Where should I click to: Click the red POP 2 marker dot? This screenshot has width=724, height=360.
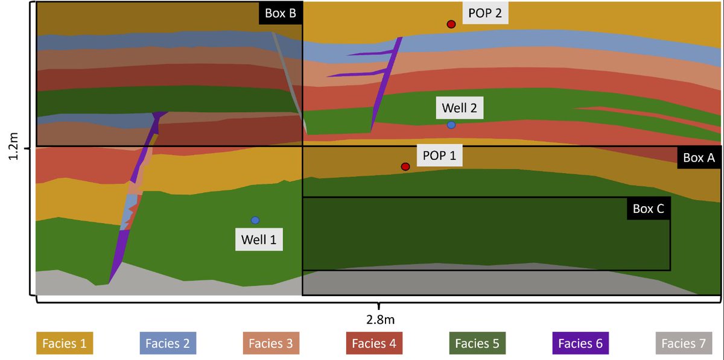point(451,24)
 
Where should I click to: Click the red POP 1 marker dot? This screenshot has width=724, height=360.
point(405,166)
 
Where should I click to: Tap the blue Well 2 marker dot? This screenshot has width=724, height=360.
point(451,125)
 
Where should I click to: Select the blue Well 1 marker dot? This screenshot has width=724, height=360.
point(255,220)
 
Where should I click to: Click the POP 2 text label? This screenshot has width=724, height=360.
point(485,13)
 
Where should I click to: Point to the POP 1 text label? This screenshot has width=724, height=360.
point(439,156)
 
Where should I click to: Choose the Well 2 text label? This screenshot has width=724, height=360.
point(459,109)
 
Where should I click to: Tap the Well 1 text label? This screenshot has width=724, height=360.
point(259,239)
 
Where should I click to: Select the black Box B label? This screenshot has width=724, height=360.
point(281,13)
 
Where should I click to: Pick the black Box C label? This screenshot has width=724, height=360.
point(649,209)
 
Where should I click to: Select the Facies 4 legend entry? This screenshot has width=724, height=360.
point(373,344)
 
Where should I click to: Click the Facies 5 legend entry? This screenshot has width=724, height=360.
point(477,344)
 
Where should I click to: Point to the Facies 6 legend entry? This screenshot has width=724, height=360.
point(580,344)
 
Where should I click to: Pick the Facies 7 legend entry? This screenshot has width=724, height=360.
point(684,344)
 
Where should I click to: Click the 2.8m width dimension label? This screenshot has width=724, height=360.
point(379,318)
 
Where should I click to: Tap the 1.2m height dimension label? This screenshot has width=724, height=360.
point(14,147)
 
